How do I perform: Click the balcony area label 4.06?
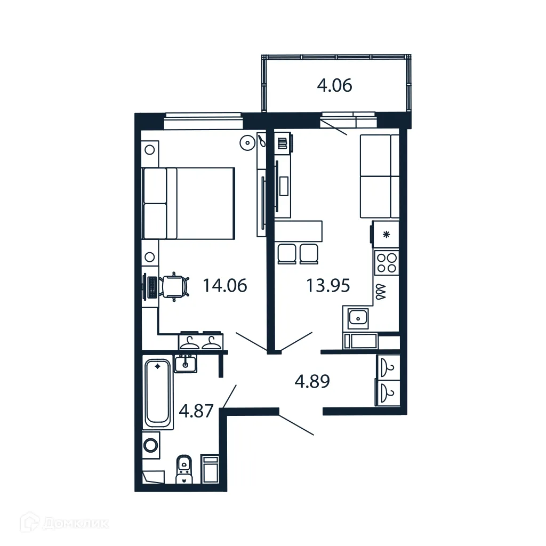pyautogui.click(x=334, y=85)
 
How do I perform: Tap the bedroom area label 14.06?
pyautogui.click(x=224, y=286)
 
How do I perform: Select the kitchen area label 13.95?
pyautogui.click(x=327, y=286)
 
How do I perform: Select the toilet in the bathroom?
pyautogui.click(x=184, y=469)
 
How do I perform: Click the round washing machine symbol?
pyautogui.click(x=151, y=445)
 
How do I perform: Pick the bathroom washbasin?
pyautogui.click(x=186, y=364)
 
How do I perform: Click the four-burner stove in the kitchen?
pyautogui.click(x=387, y=262)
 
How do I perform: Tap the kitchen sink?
pyautogui.click(x=358, y=319)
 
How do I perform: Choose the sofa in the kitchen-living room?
pyautogui.click(x=379, y=176)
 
